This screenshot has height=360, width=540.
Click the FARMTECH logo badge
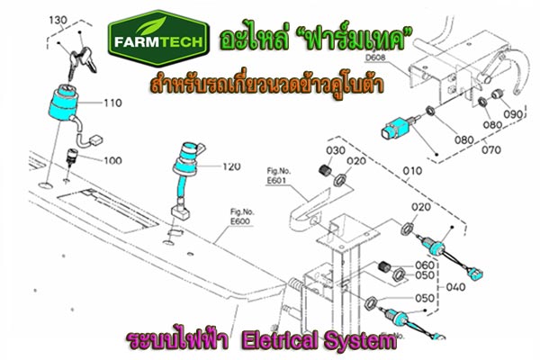pyautogui.click(x=158, y=39)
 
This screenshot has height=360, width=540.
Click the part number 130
pyautogui.click(x=58, y=21)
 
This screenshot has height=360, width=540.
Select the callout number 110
pyautogui.click(x=113, y=103)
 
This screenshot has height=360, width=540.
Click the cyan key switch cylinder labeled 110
pyautogui.click(x=63, y=103)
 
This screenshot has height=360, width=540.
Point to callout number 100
pyautogui.click(x=113, y=160)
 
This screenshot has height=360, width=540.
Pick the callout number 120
pyautogui.click(x=231, y=166)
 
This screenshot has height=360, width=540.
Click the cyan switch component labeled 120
pyautogui.click(x=187, y=159)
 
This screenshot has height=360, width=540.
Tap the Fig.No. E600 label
pyautogui.click(x=242, y=217)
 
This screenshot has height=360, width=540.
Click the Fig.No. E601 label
pyautogui.click(x=279, y=176)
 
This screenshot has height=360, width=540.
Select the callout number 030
pyautogui.click(x=336, y=150)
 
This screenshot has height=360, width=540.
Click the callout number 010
pyautogui.click(x=412, y=171)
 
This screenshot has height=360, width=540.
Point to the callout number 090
pyautogui.click(x=514, y=114)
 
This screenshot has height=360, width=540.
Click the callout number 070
pyautogui.click(x=491, y=150)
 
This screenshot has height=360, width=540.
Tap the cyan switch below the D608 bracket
pyautogui.click(x=396, y=128)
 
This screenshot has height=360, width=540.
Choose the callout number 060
pyautogui.click(x=425, y=265)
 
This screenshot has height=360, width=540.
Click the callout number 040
pyautogui.click(x=455, y=286)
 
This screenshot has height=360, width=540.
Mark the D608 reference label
pyautogui.click(x=375, y=58)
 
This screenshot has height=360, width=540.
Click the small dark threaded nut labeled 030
pyautogui.click(x=324, y=170)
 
